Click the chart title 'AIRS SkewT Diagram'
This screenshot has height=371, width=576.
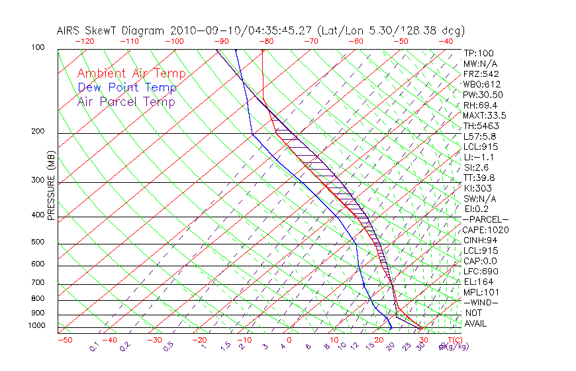point(112,30)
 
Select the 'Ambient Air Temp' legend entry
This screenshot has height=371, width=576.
point(132,74)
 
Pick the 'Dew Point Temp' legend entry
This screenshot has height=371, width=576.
point(127,87)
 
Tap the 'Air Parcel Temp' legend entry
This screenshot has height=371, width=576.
point(126,101)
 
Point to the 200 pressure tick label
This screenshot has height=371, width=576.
point(39,132)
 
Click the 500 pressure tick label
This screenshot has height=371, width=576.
point(39,242)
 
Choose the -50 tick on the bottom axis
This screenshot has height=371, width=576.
point(64,340)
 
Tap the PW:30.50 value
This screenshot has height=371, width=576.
point(483,95)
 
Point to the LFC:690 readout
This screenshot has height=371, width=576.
point(480,271)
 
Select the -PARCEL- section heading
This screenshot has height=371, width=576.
point(485,219)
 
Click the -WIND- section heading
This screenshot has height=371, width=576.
point(481,302)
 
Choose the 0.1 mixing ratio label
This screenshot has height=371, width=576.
point(93,345)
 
